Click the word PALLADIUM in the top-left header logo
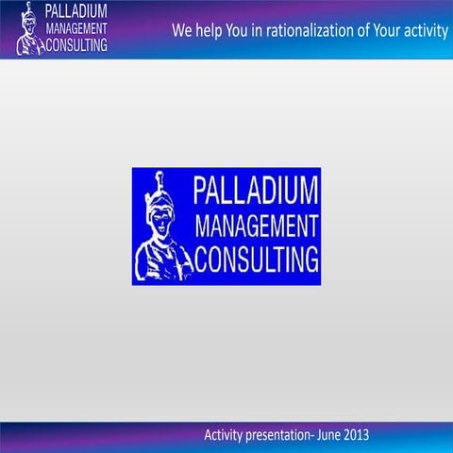click(76, 12)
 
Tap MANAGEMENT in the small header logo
click(75, 28)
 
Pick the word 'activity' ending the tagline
click(428, 31)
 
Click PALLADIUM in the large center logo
click(256, 192)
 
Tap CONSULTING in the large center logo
click(257, 258)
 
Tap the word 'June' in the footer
click(335, 435)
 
